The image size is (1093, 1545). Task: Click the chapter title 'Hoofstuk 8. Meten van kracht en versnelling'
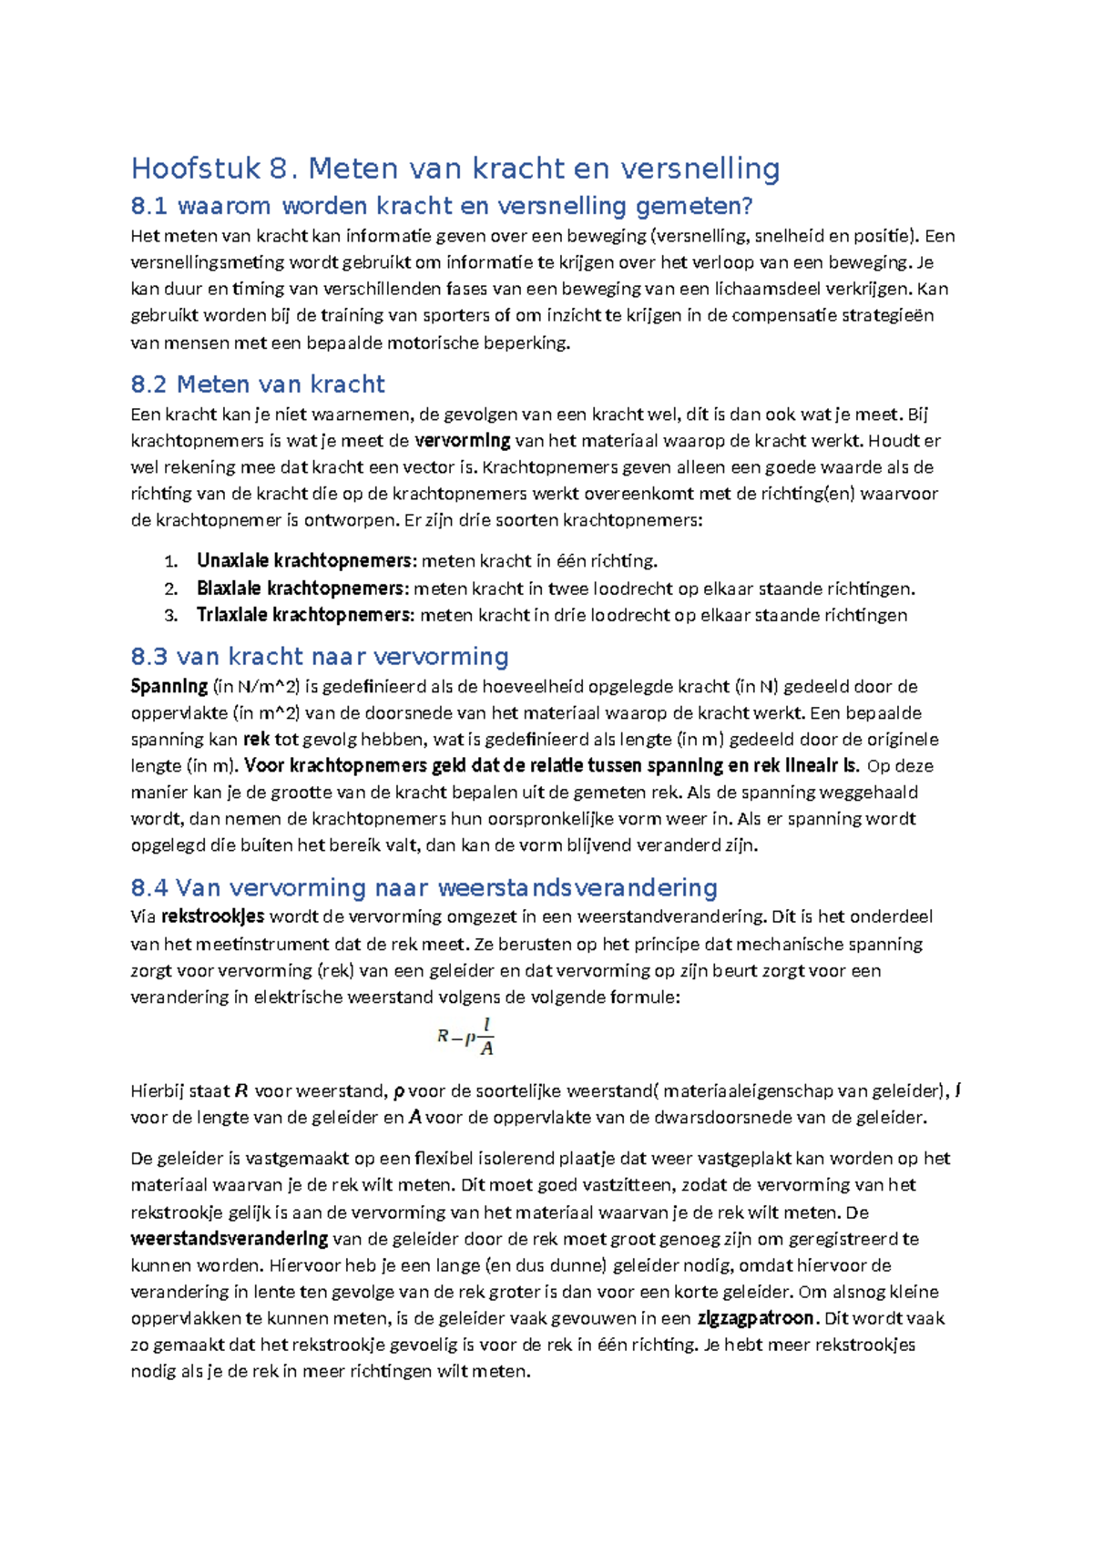pos(455,169)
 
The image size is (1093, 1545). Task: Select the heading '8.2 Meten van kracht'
pos(258,384)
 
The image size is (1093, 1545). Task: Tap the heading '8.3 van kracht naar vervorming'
pos(320,656)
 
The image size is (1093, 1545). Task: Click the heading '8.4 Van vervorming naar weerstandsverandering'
pos(424,887)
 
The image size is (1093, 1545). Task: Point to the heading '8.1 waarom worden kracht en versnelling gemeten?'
pos(442,206)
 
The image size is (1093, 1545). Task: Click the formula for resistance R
pos(465,1037)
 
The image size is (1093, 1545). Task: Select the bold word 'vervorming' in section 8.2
pos(462,441)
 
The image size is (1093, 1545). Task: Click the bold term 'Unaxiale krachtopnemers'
pos(305,561)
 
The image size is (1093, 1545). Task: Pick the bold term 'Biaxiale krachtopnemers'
pos(301,588)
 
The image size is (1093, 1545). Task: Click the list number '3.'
pos(171,616)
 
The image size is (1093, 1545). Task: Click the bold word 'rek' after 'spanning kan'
pos(256,740)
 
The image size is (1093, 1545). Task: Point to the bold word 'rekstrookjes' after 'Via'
pos(213,916)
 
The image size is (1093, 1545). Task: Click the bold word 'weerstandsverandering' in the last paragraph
pos(230,1239)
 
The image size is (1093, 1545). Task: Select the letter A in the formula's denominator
pos(486,1049)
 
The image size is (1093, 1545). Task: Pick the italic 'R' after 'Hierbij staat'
pos(241,1091)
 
